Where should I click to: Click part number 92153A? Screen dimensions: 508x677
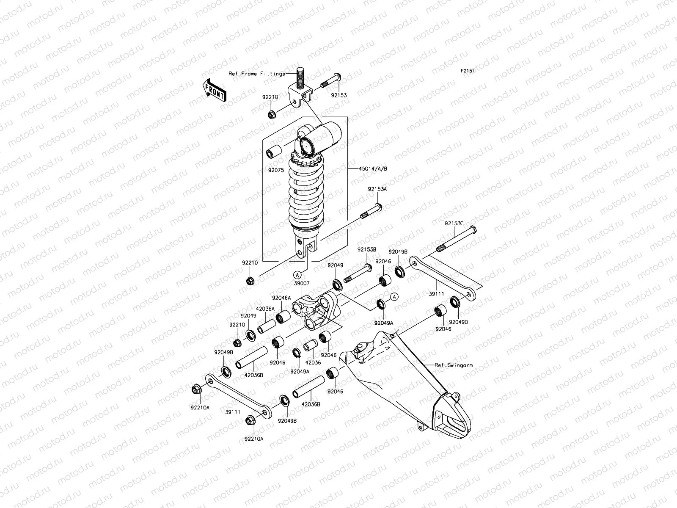tap(377, 189)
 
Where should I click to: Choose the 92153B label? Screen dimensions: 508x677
tap(366, 250)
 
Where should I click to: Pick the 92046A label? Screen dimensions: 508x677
tap(281, 298)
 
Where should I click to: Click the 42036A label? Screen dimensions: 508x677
tap(265, 309)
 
